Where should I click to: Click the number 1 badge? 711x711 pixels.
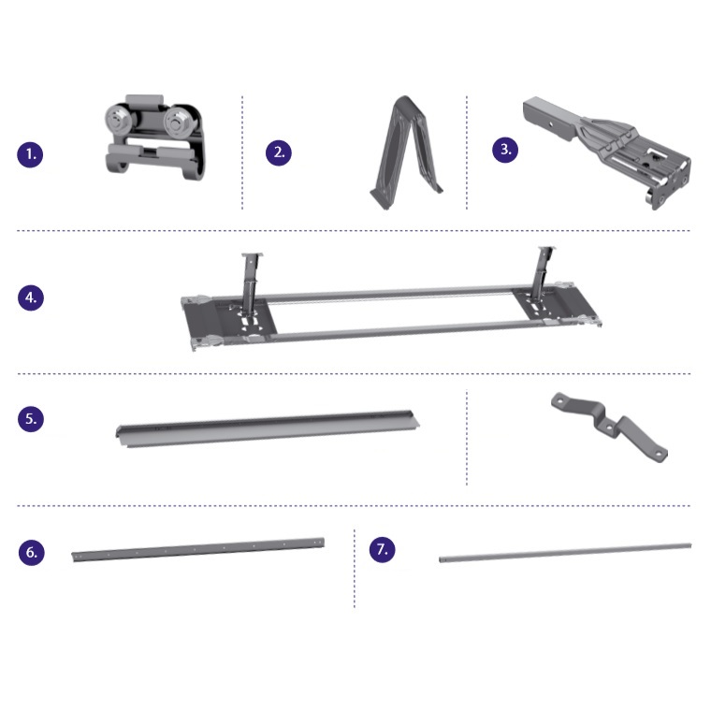point(30,154)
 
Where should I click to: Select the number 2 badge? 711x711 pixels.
point(279,152)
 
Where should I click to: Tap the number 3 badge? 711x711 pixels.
point(505,150)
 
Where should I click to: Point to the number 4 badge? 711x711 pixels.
point(31,297)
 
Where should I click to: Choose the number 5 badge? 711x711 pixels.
point(31,419)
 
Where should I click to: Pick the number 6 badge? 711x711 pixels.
point(31,552)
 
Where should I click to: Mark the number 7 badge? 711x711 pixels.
point(383,549)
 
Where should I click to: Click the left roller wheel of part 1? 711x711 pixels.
point(119,119)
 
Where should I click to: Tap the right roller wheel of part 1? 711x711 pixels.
point(178,122)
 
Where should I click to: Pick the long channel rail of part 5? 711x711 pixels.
point(268,429)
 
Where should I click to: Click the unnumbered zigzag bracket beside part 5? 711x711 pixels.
point(609,427)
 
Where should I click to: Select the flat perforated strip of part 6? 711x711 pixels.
point(198,549)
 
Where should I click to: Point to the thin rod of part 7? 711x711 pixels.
point(565,553)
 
